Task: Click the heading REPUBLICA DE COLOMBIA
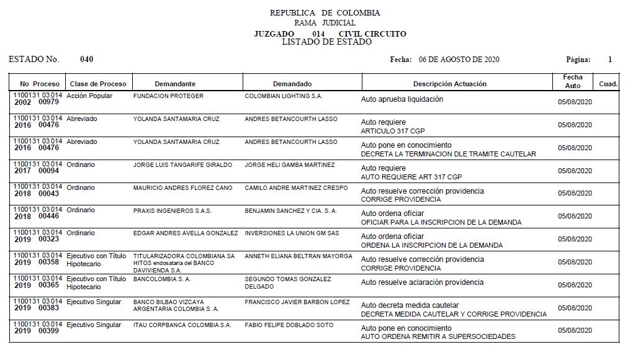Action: coord(325,13)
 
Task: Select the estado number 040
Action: coord(87,60)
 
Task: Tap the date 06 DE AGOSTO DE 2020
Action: coord(459,60)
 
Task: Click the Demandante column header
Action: coord(175,84)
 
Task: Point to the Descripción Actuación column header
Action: coord(450,84)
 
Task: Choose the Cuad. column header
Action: coord(608,84)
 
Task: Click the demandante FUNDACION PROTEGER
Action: coord(168,96)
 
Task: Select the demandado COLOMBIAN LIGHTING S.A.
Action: coord(284,96)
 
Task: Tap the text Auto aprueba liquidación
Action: coord(402,99)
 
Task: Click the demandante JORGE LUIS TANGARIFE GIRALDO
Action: coord(182,165)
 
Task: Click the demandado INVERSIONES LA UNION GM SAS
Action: coord(292,233)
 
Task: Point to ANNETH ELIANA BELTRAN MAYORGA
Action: coord(299,256)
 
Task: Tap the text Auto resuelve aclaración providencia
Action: coord(422,282)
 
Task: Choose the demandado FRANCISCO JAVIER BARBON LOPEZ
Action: coord(297,302)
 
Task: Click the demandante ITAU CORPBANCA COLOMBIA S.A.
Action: coord(182,325)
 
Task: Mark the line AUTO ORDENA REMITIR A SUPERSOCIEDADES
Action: coord(438,336)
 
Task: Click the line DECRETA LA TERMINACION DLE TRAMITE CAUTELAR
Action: coord(448,154)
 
